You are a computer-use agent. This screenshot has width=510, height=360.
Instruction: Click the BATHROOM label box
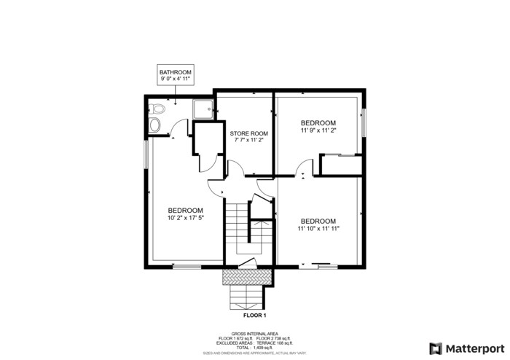tap(176, 75)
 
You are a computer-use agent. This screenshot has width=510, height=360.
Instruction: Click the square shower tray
tap(202, 109)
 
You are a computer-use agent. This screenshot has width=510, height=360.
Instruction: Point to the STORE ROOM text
tap(249, 133)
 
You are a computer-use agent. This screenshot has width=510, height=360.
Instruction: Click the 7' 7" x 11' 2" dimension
tap(249, 141)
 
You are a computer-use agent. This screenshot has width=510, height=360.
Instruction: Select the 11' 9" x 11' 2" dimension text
tap(318, 131)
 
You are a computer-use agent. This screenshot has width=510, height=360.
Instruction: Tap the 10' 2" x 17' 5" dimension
tap(185, 217)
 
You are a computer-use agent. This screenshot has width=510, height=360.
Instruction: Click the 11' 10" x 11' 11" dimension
tap(318, 229)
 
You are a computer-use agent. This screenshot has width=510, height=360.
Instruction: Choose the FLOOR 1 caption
tap(254, 316)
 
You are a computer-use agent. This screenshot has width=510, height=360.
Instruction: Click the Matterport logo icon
tap(436, 348)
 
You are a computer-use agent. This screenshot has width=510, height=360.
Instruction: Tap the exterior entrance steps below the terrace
tap(247, 297)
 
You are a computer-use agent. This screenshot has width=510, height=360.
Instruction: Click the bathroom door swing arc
tap(175, 131)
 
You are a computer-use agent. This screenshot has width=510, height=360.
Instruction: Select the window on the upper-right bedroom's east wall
tap(363, 121)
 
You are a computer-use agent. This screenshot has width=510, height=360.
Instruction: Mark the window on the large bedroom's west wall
tap(146, 154)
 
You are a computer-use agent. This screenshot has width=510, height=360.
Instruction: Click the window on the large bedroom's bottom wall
tap(187, 267)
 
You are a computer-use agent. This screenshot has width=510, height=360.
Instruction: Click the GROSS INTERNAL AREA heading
tap(254, 334)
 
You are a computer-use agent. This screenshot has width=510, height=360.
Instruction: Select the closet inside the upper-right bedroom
tap(341, 165)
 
